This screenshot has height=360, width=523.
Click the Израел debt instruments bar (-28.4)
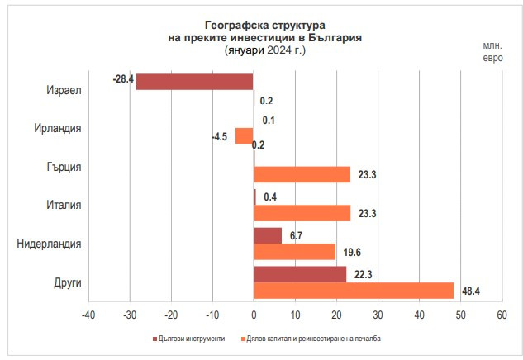pyautogui.click(x=195, y=81)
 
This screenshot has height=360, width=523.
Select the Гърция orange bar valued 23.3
pyautogui.click(x=302, y=174)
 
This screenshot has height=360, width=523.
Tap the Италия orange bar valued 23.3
pyautogui.click(x=302, y=213)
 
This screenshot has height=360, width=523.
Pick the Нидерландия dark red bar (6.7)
pyautogui.click(x=268, y=235)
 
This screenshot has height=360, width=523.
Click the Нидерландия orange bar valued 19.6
pyautogui.click(x=294, y=252)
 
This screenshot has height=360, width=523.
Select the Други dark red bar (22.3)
pyautogui.click(x=300, y=274)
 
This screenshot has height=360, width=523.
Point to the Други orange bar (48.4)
pyautogui.click(x=354, y=291)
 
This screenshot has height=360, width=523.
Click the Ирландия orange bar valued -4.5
pyautogui.click(x=245, y=135)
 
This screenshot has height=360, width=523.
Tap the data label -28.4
pyautogui.click(x=123, y=80)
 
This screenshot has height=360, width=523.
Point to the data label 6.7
pyautogui.click(x=295, y=235)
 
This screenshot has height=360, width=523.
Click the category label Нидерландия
pyautogui.click(x=50, y=244)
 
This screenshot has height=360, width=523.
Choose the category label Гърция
pyautogui.click(x=64, y=167)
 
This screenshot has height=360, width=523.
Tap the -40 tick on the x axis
pyautogui.click(x=88, y=315)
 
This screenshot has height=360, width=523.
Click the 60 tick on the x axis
pyautogui.click(x=502, y=315)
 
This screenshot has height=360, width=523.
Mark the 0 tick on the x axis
pyautogui.click(x=254, y=315)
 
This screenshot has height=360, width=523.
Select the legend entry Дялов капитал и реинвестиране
pyautogui.click(x=314, y=339)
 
